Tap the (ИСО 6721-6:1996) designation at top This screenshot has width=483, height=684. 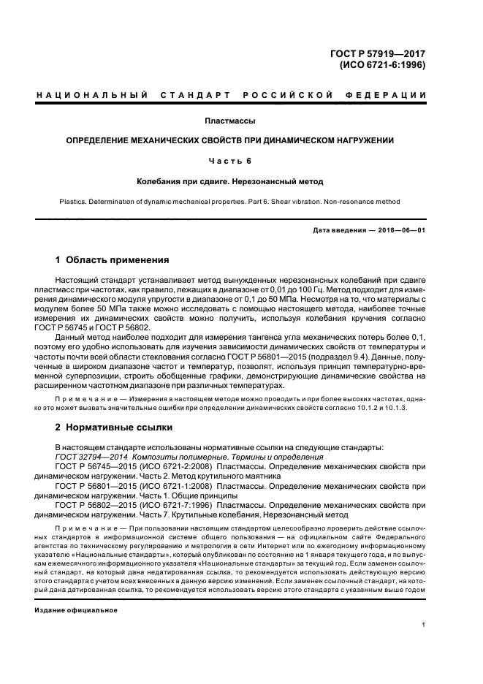[x=383, y=64]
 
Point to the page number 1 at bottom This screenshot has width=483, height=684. [x=424, y=624]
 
